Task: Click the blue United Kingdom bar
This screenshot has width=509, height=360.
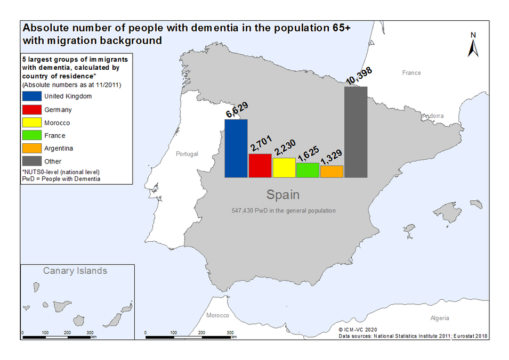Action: tap(236, 149)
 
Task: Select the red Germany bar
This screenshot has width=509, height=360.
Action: tap(260, 166)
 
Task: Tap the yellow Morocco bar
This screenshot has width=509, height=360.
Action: tap(284, 168)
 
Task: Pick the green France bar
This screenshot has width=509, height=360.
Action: tap(308, 170)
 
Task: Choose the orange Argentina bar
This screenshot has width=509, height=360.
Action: tap(332, 171)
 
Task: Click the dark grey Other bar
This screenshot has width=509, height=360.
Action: tap(356, 132)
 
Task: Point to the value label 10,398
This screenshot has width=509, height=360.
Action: tap(359, 76)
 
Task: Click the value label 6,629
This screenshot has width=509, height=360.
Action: tap(237, 110)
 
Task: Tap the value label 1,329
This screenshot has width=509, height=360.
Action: tap(332, 157)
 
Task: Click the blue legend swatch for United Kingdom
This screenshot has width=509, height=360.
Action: tap(32, 96)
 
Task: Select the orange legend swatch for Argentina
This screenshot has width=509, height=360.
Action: tap(32, 148)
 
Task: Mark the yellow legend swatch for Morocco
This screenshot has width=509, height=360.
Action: tap(32, 122)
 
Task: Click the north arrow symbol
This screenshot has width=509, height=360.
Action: tap(473, 45)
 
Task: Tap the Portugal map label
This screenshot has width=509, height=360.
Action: tap(187, 154)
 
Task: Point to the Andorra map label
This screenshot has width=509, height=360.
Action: tap(433, 116)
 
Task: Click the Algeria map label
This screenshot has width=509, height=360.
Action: tap(440, 318)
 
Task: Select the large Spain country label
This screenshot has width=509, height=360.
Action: tap(283, 194)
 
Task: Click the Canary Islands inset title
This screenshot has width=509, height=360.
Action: tap(75, 271)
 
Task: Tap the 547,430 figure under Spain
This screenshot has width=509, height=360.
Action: tap(243, 210)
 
